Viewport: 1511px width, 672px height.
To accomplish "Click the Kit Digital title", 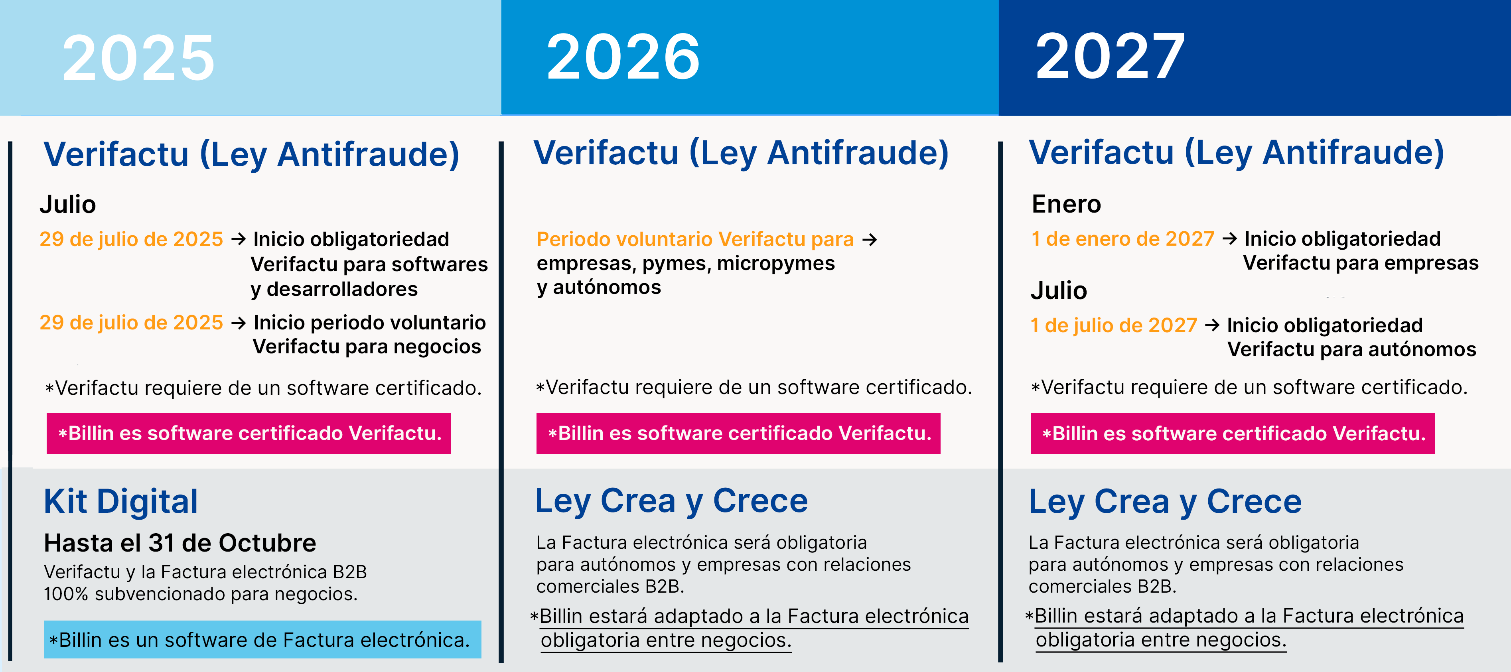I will pos(121,502).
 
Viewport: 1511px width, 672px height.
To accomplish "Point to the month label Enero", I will pos(1066,204).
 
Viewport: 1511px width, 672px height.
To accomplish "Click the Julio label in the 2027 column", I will pos(1059,291).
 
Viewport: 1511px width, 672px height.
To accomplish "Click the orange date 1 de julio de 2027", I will pos(1113,325).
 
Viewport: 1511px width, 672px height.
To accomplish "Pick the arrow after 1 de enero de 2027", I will pos(1229,238).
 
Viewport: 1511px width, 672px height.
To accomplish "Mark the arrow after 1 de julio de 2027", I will pos(1212,325).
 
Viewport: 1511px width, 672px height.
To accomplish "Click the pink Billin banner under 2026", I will pos(738,434).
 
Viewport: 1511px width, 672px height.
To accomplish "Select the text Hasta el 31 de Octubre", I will pos(180,543).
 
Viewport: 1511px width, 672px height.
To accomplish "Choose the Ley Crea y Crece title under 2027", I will pos(1165,502).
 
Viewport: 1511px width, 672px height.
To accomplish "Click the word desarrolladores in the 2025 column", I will pos(342,289).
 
